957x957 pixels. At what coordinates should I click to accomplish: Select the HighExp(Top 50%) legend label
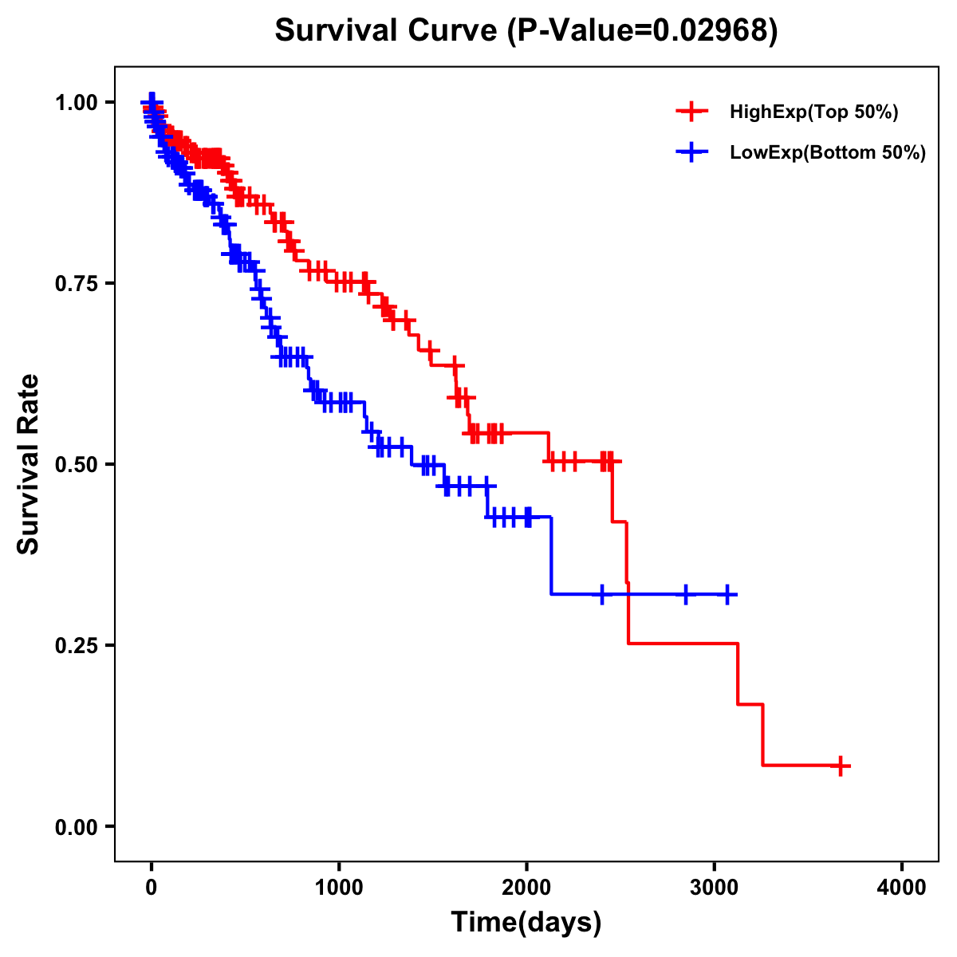pyautogui.click(x=813, y=112)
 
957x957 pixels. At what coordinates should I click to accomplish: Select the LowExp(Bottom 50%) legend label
pyautogui.click(x=828, y=153)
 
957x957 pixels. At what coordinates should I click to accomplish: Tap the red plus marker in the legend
pyautogui.click(x=691, y=112)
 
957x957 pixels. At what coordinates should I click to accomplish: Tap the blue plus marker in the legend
pyautogui.click(x=691, y=152)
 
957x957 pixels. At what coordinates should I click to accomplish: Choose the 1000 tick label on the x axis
pyautogui.click(x=339, y=888)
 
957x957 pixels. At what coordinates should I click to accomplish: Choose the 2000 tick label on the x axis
pyautogui.click(x=526, y=888)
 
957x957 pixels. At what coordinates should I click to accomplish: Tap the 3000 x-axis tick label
pyautogui.click(x=714, y=888)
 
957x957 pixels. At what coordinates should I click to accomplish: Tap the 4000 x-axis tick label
pyautogui.click(x=902, y=888)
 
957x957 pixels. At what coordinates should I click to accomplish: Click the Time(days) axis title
pyautogui.click(x=526, y=923)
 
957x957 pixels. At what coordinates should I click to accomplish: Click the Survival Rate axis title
pyautogui.click(x=29, y=464)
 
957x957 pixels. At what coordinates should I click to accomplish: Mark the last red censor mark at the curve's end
pyautogui.click(x=839, y=766)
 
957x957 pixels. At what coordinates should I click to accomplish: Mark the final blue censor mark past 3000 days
pyautogui.click(x=727, y=594)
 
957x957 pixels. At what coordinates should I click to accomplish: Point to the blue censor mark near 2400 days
pyautogui.click(x=601, y=594)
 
